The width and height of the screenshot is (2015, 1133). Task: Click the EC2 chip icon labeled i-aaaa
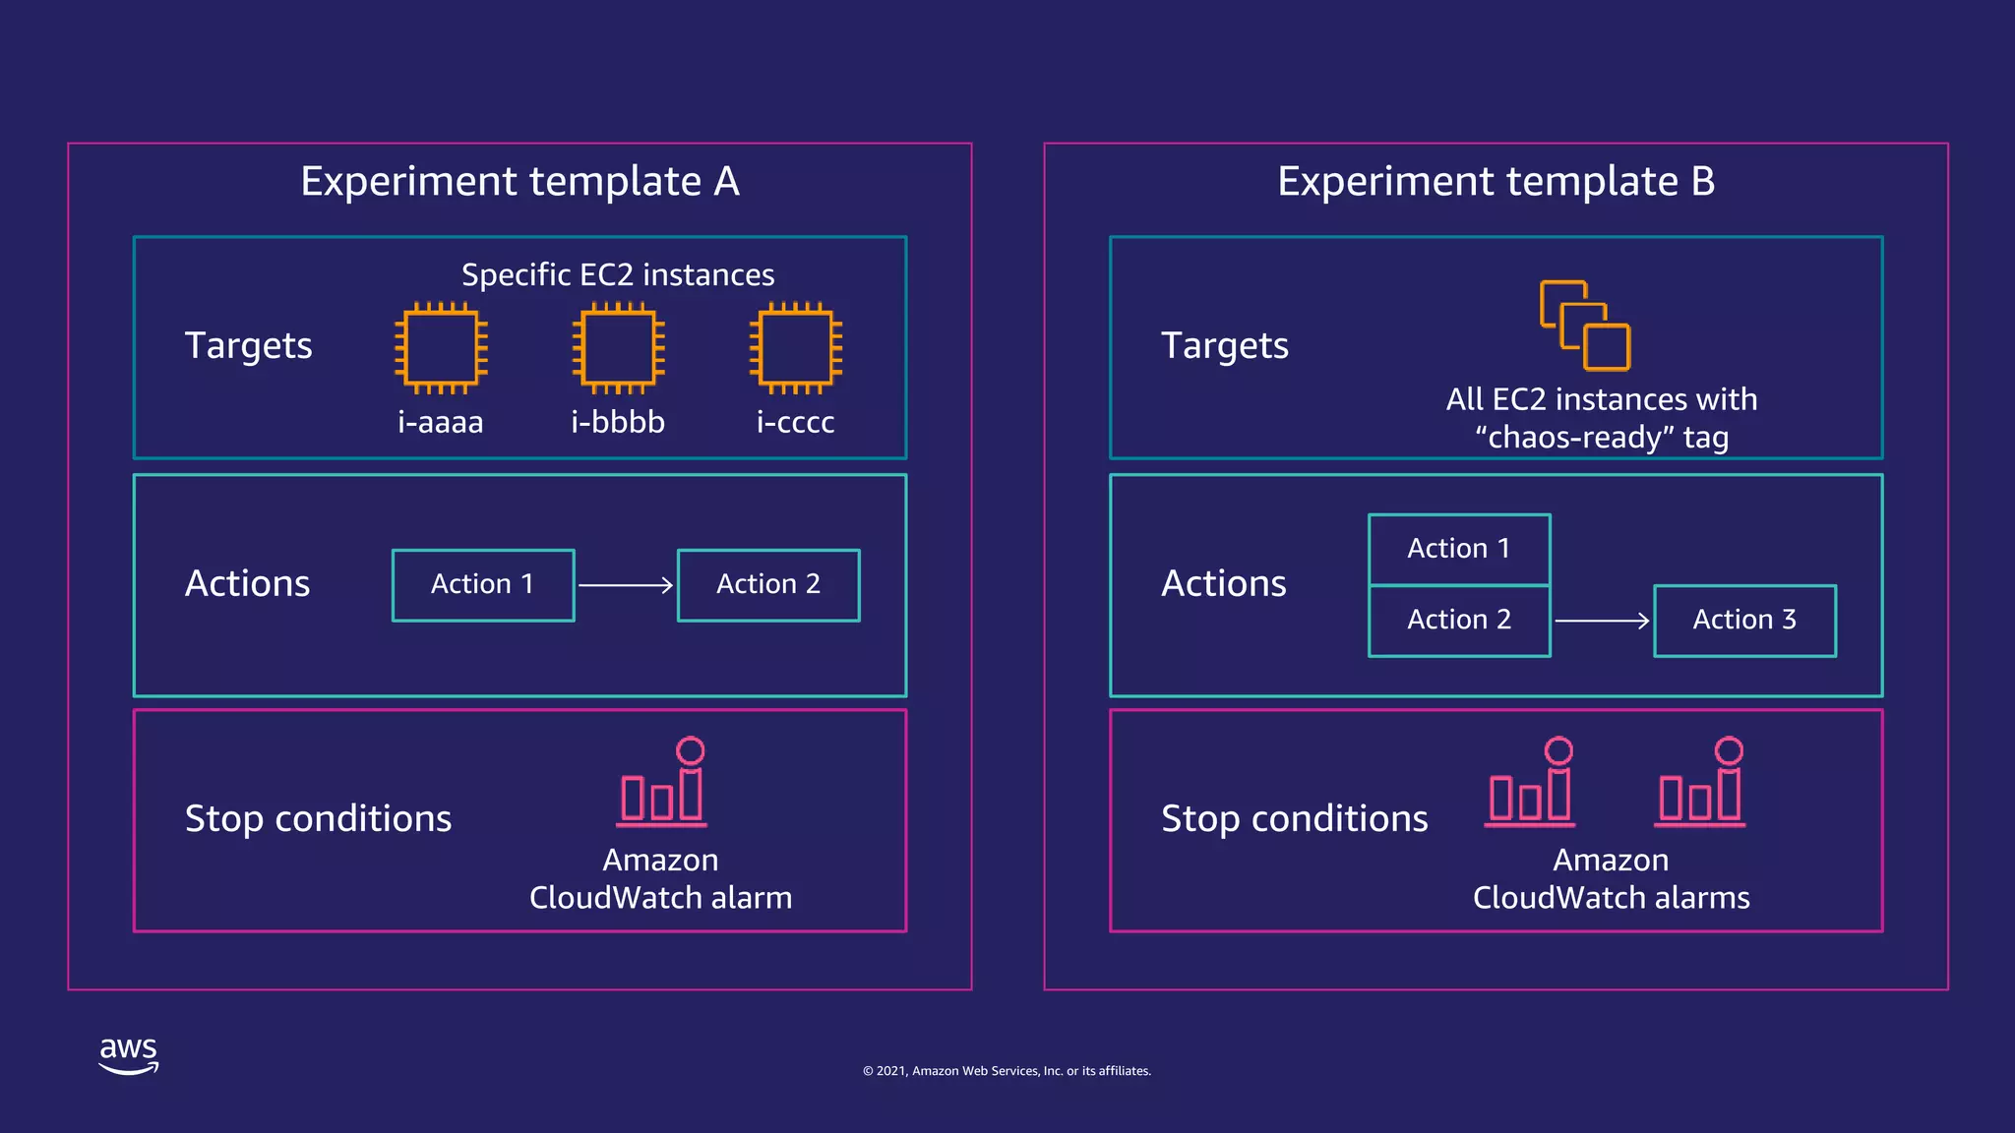[x=441, y=347]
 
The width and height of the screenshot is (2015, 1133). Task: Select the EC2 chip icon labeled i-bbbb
[x=618, y=347]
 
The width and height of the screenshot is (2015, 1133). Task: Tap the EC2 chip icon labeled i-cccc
[x=795, y=347]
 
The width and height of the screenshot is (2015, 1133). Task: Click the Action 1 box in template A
[x=483, y=585]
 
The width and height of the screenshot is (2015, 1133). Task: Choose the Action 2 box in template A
[x=768, y=585]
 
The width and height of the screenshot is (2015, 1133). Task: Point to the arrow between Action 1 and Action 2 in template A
[x=626, y=585]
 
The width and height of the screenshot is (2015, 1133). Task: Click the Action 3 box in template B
[x=1744, y=621]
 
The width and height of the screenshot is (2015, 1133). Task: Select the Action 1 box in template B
[x=1459, y=549]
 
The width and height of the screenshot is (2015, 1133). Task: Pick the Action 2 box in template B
[x=1459, y=621]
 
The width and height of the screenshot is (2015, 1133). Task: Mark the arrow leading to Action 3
[x=1602, y=621]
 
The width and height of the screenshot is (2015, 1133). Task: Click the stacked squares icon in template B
[x=1585, y=326]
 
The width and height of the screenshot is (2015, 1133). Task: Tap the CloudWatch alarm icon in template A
[x=662, y=783]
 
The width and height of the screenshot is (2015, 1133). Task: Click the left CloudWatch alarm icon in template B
[x=1530, y=783]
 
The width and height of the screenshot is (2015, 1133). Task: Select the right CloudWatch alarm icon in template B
[x=1701, y=783]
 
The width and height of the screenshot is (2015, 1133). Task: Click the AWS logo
[x=128, y=1054]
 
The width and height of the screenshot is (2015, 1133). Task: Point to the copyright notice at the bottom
[x=1007, y=1071]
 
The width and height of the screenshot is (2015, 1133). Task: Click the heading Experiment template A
[x=519, y=182]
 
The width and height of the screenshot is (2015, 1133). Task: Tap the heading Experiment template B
[x=1496, y=182]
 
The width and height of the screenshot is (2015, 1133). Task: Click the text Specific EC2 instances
[x=618, y=275]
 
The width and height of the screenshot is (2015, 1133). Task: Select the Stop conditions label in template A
[x=318, y=819]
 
